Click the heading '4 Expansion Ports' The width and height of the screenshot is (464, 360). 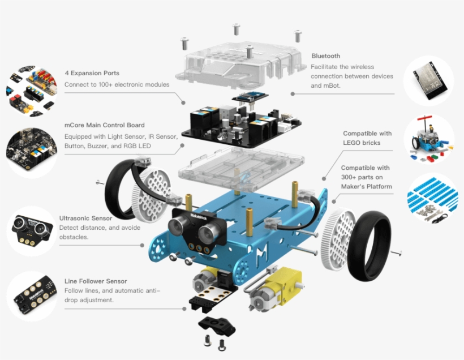(x=92, y=73)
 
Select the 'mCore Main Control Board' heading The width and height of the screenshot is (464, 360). (x=104, y=125)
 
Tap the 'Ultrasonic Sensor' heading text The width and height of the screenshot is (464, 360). (x=85, y=218)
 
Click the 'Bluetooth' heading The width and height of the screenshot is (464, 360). (x=325, y=56)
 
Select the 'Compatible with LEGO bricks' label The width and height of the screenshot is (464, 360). (x=367, y=138)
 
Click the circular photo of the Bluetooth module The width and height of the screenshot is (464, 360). (x=428, y=80)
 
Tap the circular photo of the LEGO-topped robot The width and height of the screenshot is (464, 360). (x=428, y=140)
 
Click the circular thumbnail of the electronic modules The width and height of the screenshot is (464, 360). (x=31, y=91)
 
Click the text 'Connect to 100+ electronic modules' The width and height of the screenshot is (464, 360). (x=117, y=85)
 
